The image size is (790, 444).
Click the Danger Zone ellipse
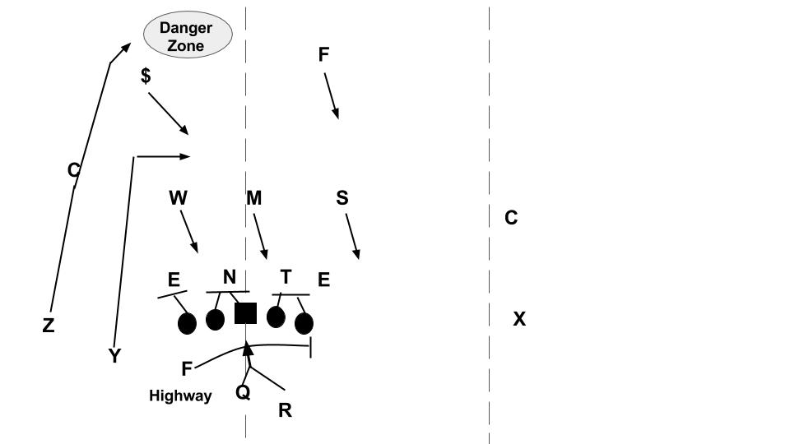coord(188,35)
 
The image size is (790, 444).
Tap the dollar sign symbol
coord(146,76)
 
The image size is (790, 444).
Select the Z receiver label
coord(49,326)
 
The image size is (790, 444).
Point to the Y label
coord(115,356)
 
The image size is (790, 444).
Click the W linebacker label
coord(178,198)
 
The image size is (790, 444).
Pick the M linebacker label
coord(254,198)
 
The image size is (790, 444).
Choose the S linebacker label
coord(342,198)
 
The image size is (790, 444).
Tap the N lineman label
coord(230,277)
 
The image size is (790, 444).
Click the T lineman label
coord(286,277)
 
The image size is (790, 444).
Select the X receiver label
coord(519,319)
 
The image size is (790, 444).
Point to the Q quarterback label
coord(243,392)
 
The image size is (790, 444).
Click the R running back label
coord(285,410)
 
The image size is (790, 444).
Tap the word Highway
coord(180,396)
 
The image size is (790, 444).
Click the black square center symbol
coord(246,313)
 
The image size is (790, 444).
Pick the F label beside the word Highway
coord(187,369)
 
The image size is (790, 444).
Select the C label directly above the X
coord(511,218)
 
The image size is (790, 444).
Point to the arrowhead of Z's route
coord(126,48)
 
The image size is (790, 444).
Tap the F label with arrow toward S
coord(323,54)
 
